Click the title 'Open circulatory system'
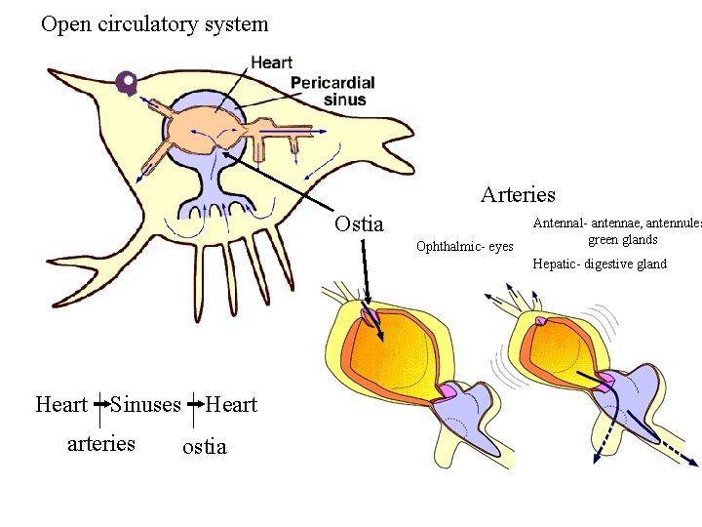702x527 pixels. tap(154, 23)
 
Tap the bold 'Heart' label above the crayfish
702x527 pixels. tap(271, 62)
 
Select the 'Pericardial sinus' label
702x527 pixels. tap(332, 91)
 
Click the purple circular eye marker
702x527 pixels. tap(126, 84)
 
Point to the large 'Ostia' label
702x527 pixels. tap(359, 223)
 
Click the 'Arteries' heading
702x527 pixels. tap(518, 194)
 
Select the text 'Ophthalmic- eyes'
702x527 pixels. tap(464, 246)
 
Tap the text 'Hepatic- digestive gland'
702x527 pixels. tap(600, 263)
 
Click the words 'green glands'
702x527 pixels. tap(622, 240)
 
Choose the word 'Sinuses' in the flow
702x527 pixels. tap(145, 404)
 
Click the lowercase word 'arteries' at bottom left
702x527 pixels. tap(100, 443)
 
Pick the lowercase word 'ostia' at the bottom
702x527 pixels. tap(204, 446)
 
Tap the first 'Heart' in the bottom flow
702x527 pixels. tap(61, 404)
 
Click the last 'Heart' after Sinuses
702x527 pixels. tap(231, 404)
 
